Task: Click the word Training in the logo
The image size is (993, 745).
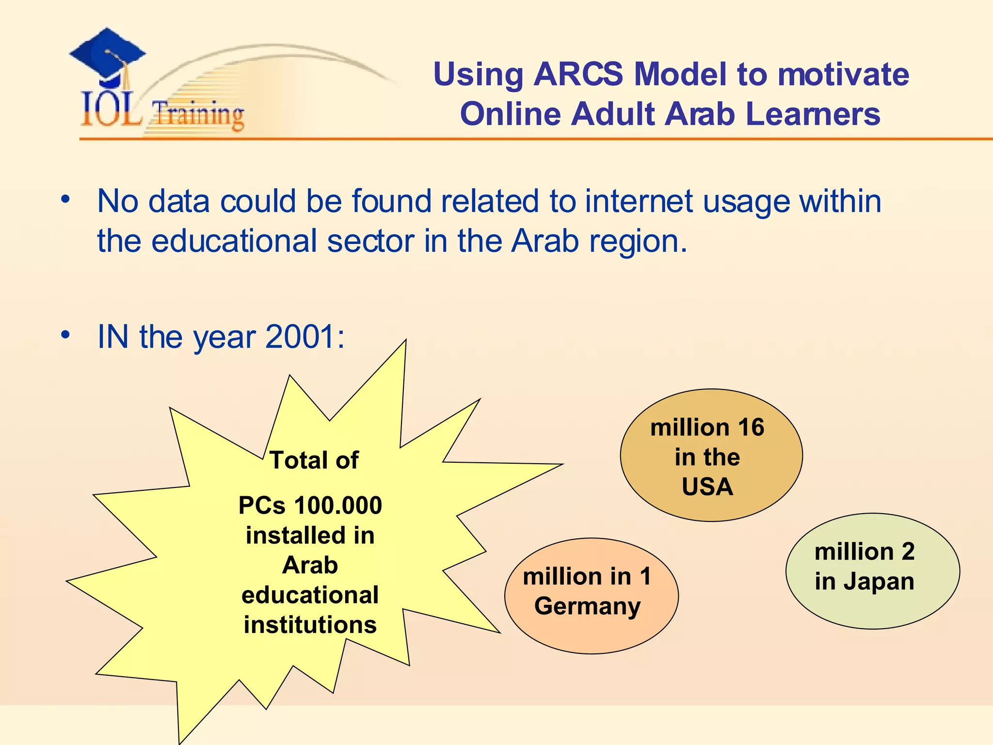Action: coord(198,114)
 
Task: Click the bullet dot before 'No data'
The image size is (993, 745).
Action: coord(65,199)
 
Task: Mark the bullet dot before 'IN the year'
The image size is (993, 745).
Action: coord(65,335)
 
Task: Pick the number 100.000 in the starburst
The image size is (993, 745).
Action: coord(338,505)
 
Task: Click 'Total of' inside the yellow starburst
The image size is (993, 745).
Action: coord(314,460)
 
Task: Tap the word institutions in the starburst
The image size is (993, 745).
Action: coord(310,625)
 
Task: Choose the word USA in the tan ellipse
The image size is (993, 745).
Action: coord(707,487)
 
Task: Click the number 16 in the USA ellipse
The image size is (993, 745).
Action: coord(751,428)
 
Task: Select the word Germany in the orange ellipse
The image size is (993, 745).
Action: coord(588,606)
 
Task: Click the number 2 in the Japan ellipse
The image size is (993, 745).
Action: coord(908,551)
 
